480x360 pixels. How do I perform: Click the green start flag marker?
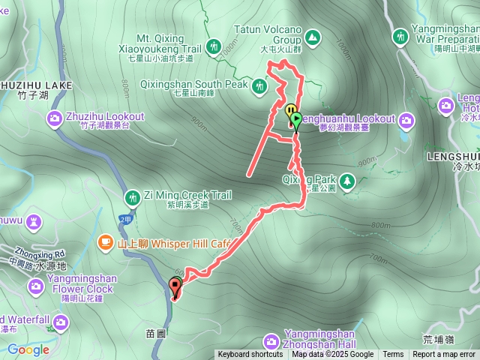(296, 118)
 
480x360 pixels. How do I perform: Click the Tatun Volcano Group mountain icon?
(310, 36)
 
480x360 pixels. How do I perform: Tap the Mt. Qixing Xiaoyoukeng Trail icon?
(214, 46)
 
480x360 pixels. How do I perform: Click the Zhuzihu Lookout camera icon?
(55, 118)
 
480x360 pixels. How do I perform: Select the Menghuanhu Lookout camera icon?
(406, 119)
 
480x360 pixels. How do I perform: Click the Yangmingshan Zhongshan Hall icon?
(271, 342)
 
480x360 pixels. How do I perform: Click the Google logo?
(28, 349)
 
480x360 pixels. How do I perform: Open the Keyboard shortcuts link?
(250, 355)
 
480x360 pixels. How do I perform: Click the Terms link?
(393, 355)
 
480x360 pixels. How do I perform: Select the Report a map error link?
(444, 355)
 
